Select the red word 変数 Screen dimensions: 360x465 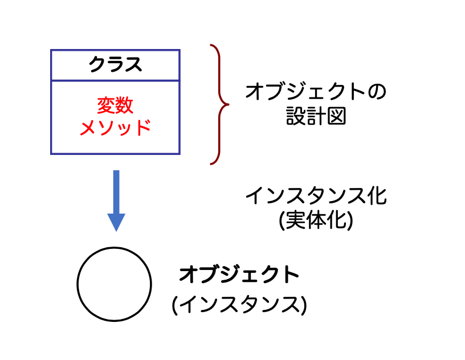tap(115, 105)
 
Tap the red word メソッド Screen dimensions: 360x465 tap(115, 127)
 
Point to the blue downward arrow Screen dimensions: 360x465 tap(116, 199)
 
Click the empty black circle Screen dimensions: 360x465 tap(115, 284)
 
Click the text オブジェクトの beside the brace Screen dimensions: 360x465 tap(316, 92)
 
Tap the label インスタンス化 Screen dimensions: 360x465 tap(316, 197)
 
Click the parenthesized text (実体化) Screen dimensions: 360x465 tap(316, 220)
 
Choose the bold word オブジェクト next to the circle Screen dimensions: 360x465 tap(239, 275)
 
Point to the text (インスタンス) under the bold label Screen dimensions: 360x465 tap(239, 305)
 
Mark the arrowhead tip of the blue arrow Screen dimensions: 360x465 tap(116, 230)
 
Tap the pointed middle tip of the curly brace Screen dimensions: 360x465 tap(228, 104)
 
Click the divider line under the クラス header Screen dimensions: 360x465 tap(115, 81)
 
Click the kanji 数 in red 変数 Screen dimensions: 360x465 tap(125, 105)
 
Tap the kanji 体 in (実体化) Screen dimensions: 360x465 tap(316, 220)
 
